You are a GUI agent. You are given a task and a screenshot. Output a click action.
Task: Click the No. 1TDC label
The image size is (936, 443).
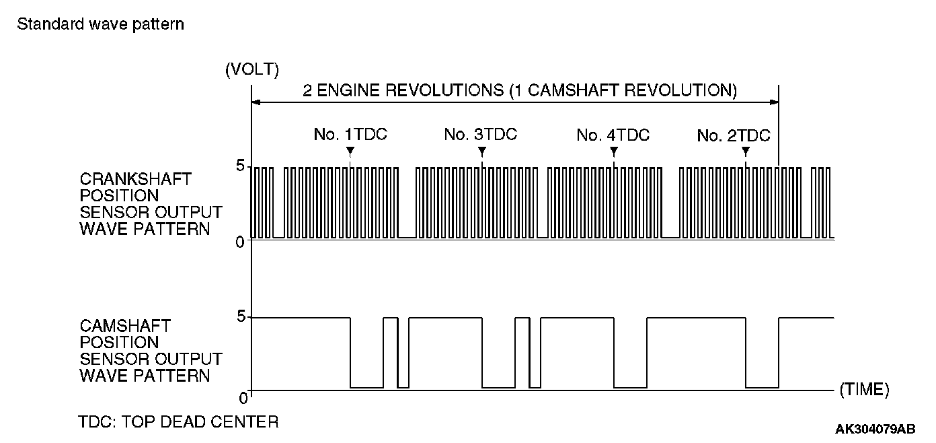click(x=350, y=135)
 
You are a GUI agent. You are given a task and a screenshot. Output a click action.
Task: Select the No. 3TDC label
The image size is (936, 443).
click(x=480, y=135)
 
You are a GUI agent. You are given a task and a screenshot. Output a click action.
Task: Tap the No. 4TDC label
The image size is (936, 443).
click(x=613, y=135)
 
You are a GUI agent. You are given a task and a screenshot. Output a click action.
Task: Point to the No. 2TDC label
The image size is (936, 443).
click(x=733, y=136)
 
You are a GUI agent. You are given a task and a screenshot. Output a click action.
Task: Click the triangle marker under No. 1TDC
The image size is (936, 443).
click(x=350, y=151)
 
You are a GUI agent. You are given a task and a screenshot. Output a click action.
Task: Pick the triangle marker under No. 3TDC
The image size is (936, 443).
click(x=482, y=151)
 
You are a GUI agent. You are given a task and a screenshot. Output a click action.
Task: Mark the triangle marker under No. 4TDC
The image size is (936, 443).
click(x=613, y=151)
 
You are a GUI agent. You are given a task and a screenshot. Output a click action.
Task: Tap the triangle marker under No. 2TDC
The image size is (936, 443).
click(x=745, y=151)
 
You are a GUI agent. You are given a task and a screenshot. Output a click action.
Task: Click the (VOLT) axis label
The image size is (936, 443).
click(x=252, y=69)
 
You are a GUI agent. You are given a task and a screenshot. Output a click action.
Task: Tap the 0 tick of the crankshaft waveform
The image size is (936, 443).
click(x=240, y=242)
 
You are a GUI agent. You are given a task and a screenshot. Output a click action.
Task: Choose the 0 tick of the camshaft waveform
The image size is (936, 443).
click(x=243, y=399)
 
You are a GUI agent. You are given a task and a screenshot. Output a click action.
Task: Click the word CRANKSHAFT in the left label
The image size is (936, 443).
click(x=135, y=180)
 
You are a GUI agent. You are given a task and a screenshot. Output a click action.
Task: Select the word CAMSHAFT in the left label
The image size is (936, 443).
click(x=125, y=326)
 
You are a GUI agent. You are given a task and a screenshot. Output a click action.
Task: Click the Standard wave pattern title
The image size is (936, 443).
click(x=101, y=25)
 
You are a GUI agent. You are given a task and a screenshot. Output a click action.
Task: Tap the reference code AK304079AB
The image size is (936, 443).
click(x=875, y=429)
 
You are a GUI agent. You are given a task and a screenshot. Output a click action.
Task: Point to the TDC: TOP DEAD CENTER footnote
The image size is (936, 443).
click(x=178, y=422)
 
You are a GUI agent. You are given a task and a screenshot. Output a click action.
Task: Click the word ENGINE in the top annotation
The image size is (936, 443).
click(x=348, y=91)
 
